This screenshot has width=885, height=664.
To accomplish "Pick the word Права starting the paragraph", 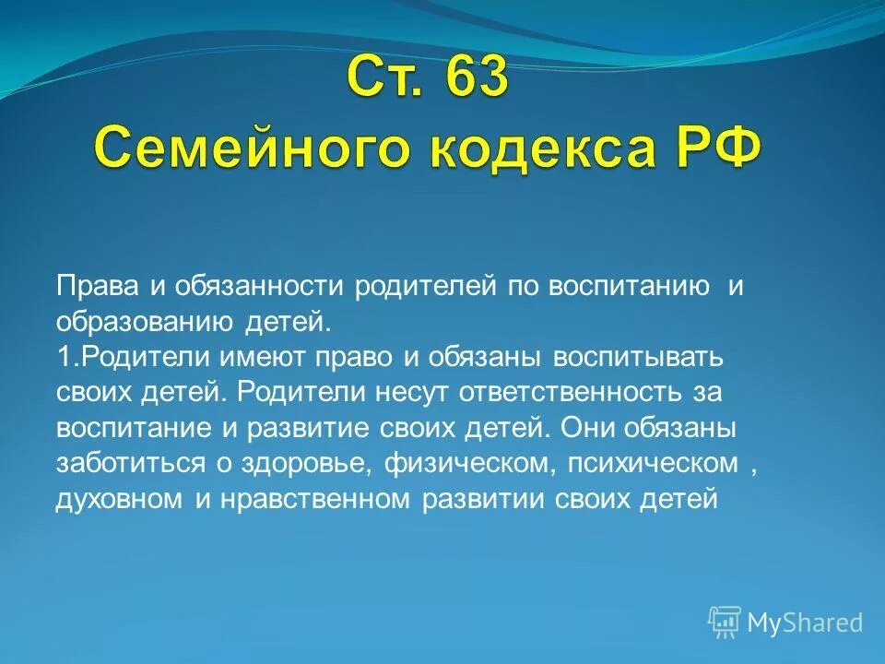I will pos(97,286).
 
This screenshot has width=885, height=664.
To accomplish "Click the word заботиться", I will pos(130,462).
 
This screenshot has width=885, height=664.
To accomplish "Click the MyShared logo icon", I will pos(725,622).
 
